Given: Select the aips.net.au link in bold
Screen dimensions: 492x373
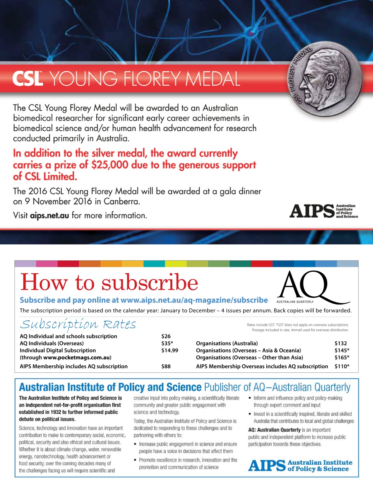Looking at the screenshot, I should tap(50, 216).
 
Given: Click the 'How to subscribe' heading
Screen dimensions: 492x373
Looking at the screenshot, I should tap(109, 283).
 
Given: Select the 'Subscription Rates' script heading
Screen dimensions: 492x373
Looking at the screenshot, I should tap(78, 324).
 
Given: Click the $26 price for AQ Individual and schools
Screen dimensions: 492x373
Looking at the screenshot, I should tap(166, 336).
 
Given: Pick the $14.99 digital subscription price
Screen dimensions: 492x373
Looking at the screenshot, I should tap(170, 351).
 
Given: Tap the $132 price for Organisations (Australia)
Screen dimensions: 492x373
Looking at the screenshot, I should tap(340, 343).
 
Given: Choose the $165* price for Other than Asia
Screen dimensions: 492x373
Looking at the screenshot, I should tap(342, 357).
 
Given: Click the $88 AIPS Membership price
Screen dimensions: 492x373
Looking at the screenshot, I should tap(166, 366).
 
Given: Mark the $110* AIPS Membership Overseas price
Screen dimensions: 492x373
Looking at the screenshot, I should tap(342, 366).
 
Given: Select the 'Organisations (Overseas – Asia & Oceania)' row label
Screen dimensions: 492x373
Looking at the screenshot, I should tap(248, 351).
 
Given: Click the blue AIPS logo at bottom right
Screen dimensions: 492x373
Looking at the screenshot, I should tap(300, 465).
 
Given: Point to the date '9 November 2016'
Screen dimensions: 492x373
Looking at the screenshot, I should tap(58, 201).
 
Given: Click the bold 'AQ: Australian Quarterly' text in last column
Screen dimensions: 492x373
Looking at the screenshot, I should tap(274, 430).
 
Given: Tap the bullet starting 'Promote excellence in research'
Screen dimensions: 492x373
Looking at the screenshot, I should tap(188, 464).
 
